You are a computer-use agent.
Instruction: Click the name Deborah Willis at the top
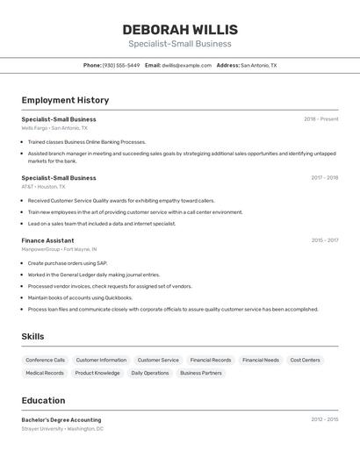tap(180, 30)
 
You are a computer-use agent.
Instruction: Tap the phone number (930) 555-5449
tap(120, 65)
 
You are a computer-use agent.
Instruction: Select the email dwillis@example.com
tap(186, 65)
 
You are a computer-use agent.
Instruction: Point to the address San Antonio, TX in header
tap(258, 65)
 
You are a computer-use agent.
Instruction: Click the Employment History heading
tap(65, 100)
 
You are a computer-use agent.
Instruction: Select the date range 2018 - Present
tap(320, 119)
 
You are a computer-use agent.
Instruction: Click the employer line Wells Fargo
tap(54, 128)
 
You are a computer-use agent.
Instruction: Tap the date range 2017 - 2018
tap(324, 178)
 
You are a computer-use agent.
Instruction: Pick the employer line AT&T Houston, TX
tap(44, 187)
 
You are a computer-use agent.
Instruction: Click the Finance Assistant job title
tap(47, 240)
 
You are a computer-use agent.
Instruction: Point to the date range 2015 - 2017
tap(324, 240)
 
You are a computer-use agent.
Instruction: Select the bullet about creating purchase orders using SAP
tap(68, 263)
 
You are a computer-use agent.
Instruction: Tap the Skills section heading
tap(32, 336)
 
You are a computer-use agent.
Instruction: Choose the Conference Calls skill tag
tap(46, 360)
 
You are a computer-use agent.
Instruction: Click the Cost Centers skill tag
tap(305, 360)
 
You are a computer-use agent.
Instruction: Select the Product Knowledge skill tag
tap(97, 373)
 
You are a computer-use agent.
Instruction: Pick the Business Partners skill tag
tap(201, 373)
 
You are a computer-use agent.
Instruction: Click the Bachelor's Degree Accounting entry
tap(61, 420)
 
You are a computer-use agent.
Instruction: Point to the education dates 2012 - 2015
tap(324, 420)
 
